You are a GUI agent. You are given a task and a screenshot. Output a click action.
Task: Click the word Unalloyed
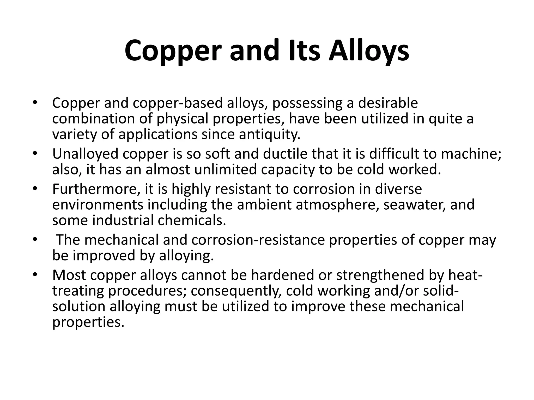(85, 154)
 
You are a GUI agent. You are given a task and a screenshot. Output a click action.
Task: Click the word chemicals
(192, 220)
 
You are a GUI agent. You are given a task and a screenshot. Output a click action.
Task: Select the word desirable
(388, 103)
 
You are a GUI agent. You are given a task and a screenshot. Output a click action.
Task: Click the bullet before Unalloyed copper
(35, 154)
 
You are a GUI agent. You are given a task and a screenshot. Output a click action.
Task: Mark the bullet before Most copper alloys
(35, 275)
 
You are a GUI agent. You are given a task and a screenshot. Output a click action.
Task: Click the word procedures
(148, 291)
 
